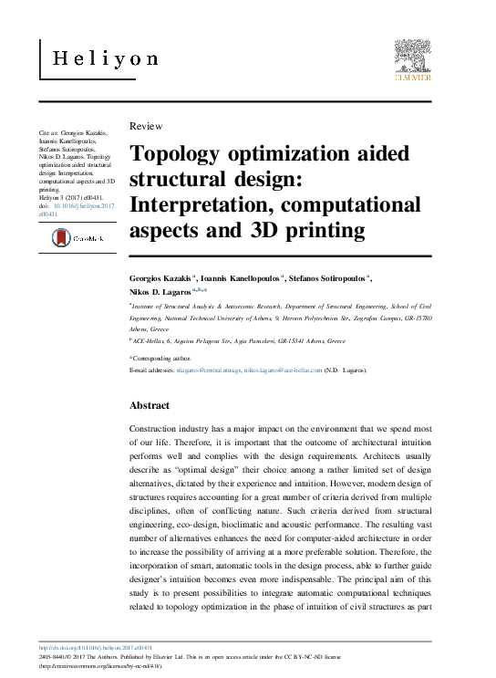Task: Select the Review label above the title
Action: tap(147, 126)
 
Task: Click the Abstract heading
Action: tap(150, 404)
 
